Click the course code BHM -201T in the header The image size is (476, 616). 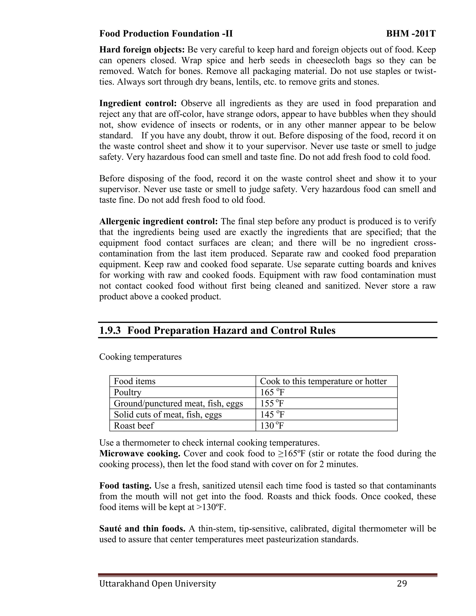tap(411, 34)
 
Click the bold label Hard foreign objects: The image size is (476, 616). tap(142, 50)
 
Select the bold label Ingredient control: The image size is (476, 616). tap(138, 103)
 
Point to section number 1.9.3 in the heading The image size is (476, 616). tap(110, 331)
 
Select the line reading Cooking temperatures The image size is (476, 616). tap(140, 357)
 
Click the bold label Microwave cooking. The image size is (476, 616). tap(140, 454)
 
